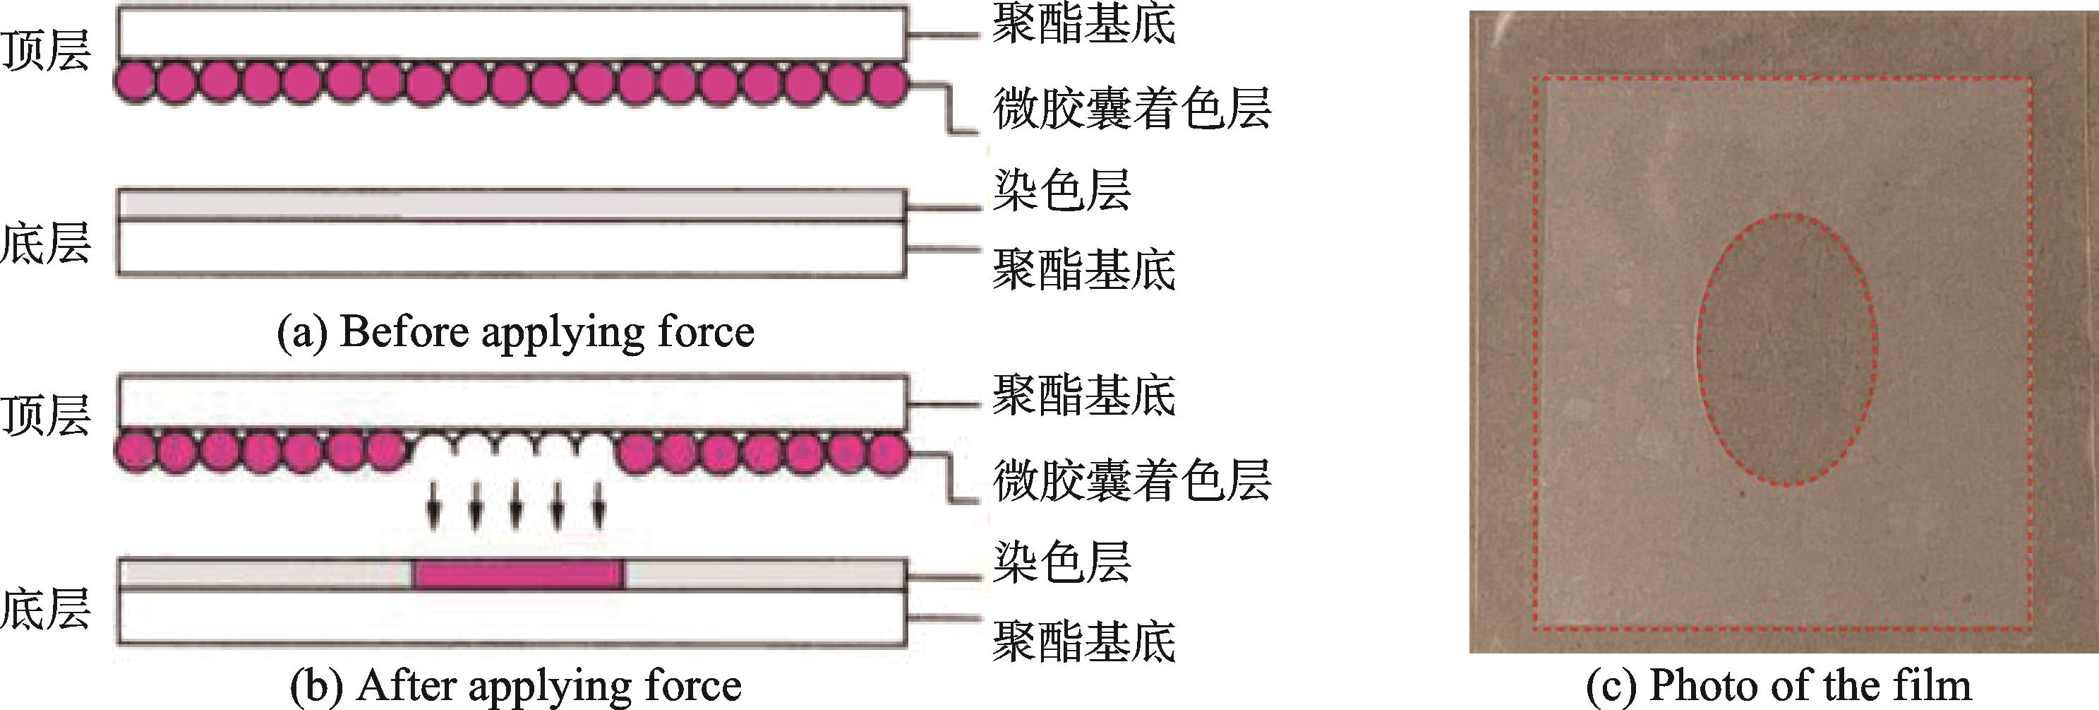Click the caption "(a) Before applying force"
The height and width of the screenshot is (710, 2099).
tap(516, 333)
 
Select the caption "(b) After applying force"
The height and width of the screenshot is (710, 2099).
tap(516, 685)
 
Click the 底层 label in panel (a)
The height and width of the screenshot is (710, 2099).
tap(44, 242)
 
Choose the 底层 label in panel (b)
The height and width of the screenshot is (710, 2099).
tap(44, 609)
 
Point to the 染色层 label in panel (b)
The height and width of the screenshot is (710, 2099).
tap(1061, 562)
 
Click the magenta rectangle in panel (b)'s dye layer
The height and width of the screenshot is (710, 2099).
tap(519, 574)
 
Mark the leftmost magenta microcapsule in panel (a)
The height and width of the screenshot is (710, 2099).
tap(133, 83)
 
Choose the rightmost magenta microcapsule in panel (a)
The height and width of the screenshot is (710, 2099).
tap(886, 83)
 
